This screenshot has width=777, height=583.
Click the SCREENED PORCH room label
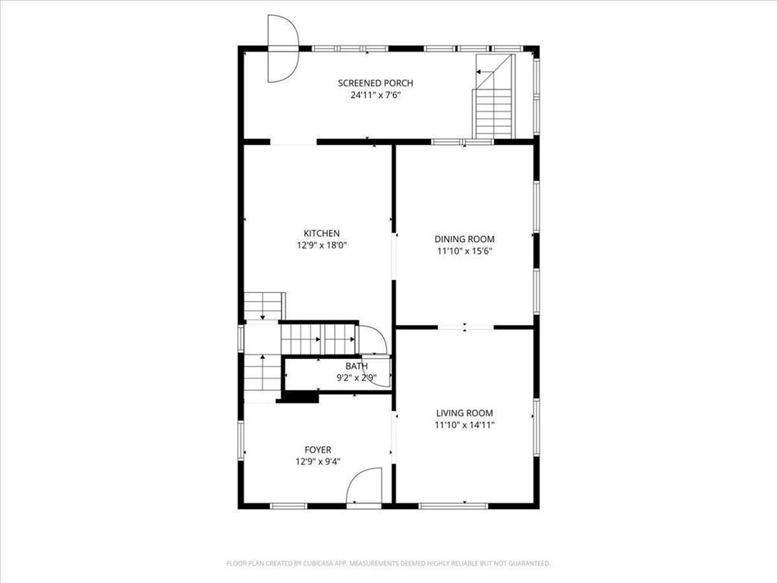click(x=376, y=84)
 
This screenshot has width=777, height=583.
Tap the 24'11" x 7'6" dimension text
click(x=376, y=96)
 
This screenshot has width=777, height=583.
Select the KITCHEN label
click(x=322, y=234)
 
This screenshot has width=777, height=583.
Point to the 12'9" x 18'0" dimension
click(x=322, y=245)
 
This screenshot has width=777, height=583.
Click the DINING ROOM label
click(x=464, y=239)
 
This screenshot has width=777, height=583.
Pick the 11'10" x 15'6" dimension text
click(x=464, y=251)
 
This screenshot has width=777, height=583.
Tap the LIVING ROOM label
click(x=464, y=414)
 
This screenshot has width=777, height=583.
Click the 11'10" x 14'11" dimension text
click(x=464, y=426)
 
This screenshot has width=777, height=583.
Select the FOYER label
click(x=318, y=449)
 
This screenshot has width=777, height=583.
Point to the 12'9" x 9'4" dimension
click(x=318, y=461)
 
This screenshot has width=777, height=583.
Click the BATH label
click(x=357, y=367)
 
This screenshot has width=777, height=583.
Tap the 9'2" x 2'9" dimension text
click(x=357, y=377)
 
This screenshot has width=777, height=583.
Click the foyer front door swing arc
click(x=364, y=486)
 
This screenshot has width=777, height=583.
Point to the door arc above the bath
click(x=373, y=339)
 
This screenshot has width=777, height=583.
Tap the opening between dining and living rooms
click(x=466, y=327)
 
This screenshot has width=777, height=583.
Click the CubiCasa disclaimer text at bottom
click(x=388, y=563)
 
